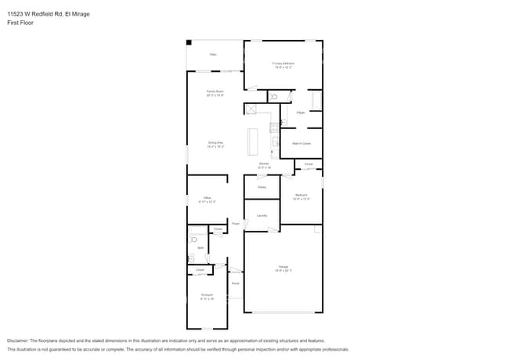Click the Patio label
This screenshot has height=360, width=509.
click(213, 55)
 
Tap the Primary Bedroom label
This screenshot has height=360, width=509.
click(283, 65)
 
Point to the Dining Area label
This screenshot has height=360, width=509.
click(215, 144)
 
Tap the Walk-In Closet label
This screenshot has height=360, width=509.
click(301, 143)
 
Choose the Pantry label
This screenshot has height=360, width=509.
click(262, 187)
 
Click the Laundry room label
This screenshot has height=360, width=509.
click(262, 215)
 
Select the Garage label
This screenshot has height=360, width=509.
click(283, 268)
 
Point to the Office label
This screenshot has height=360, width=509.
click(208, 199)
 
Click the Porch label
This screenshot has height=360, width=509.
click(235, 283)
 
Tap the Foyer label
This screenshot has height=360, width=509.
click(234, 225)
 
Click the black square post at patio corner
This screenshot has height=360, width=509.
click(189, 42)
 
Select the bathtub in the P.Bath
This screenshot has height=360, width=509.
click(316, 100)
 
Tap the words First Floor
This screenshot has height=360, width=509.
click(21, 23)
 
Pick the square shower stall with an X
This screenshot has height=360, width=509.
click(251, 109)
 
